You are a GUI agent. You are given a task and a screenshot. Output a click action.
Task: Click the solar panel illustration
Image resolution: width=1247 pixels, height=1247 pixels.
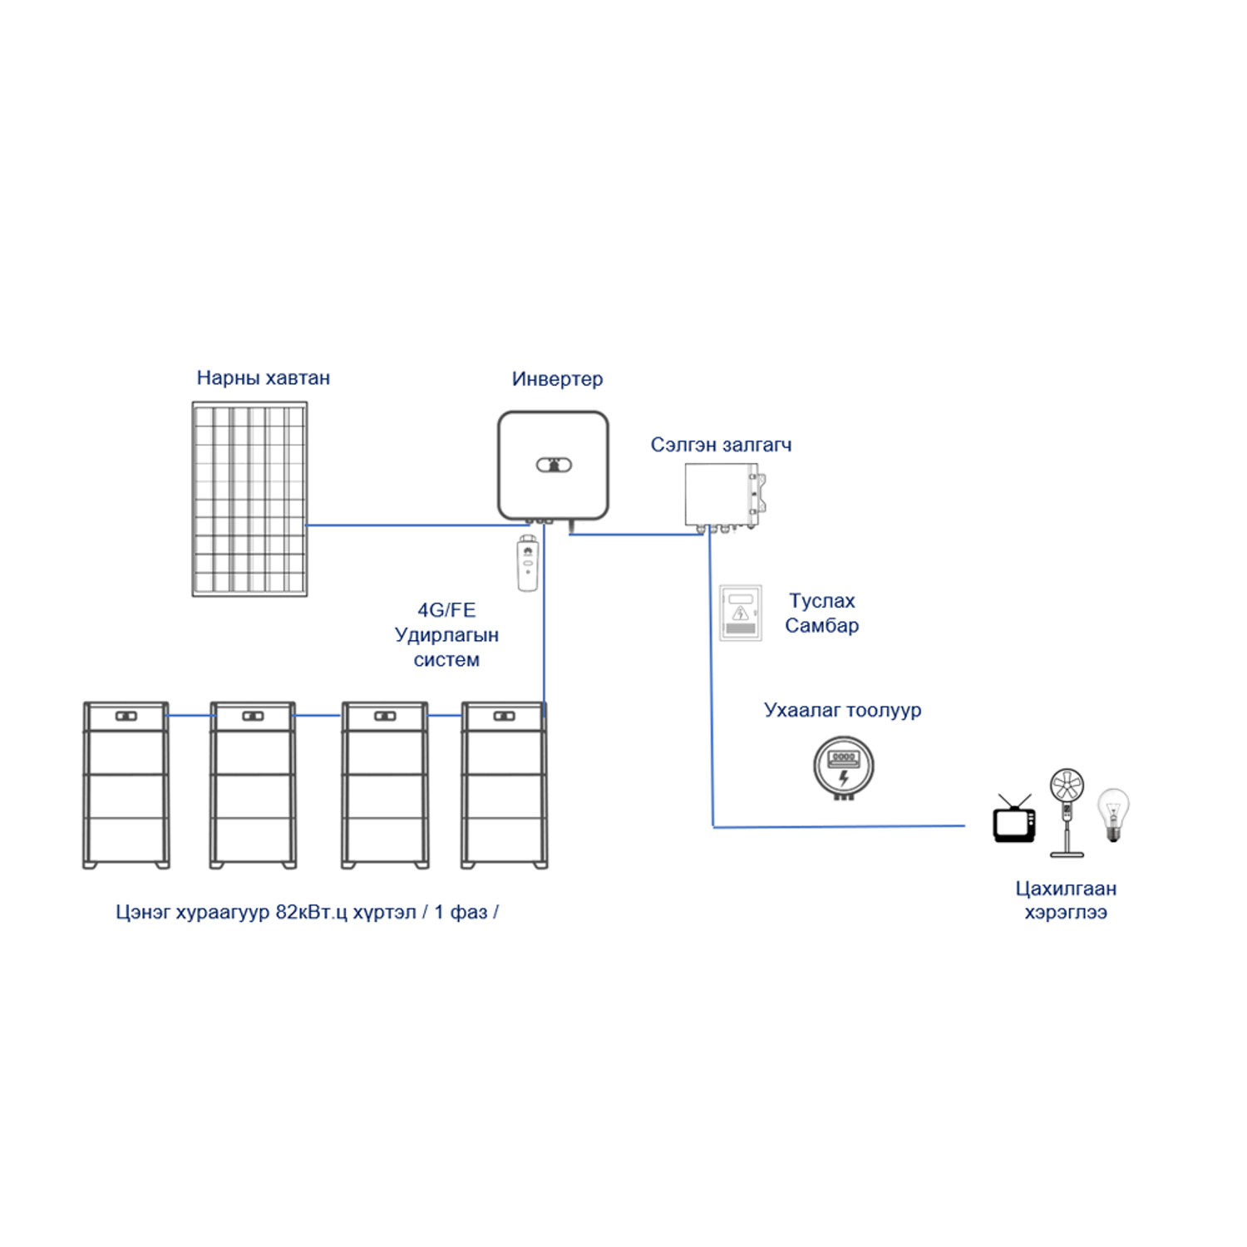(x=249, y=499)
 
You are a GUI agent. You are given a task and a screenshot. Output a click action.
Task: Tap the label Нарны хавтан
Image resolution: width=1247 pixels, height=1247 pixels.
(x=263, y=378)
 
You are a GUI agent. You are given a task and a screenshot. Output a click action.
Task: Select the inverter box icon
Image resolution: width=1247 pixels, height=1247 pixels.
(x=553, y=466)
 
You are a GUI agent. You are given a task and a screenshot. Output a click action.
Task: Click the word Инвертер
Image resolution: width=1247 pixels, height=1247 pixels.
(x=557, y=379)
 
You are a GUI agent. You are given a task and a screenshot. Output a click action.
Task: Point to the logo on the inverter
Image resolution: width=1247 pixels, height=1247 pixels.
(x=554, y=465)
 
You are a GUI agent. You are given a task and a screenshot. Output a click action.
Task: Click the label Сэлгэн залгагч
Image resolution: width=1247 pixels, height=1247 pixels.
(x=721, y=445)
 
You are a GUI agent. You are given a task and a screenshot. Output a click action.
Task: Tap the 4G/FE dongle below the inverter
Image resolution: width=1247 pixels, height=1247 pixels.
(x=528, y=564)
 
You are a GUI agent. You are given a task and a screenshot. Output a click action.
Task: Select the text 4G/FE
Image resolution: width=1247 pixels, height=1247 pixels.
(x=446, y=610)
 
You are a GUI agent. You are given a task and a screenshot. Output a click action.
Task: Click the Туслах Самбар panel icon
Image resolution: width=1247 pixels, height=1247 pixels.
(x=740, y=613)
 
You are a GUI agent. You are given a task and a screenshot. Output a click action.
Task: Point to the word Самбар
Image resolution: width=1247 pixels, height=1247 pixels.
(x=821, y=626)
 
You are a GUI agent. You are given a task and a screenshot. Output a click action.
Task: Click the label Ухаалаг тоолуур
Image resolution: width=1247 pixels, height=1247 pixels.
(x=842, y=710)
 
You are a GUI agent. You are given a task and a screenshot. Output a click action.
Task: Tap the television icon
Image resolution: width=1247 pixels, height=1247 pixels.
(x=1014, y=821)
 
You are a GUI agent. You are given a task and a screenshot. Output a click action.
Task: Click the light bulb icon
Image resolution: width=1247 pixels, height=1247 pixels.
(x=1114, y=814)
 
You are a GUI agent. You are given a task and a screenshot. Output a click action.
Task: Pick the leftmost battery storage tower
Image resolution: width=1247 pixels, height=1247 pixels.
(x=126, y=785)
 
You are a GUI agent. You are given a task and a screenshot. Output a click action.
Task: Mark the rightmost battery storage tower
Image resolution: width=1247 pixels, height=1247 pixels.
(x=505, y=785)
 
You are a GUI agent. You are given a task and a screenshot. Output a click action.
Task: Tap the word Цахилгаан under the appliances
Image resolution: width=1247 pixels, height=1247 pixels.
(x=1066, y=889)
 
